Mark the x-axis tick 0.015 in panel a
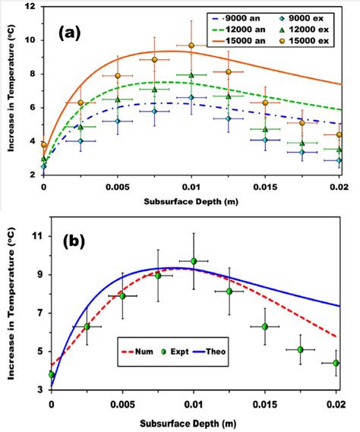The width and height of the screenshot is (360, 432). pyautogui.click(x=265, y=186)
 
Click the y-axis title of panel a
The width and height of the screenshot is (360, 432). pyautogui.click(x=9, y=91)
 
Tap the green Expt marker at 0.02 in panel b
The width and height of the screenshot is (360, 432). pyautogui.click(x=336, y=363)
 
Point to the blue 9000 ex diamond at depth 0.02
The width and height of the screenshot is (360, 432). pyautogui.click(x=339, y=160)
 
